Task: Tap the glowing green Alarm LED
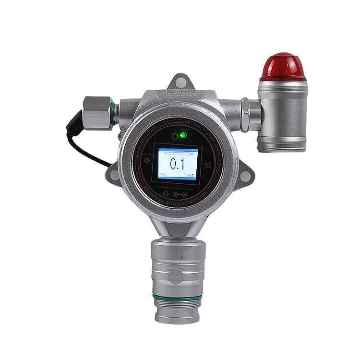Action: [183, 135]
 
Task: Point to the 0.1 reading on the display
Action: [178, 164]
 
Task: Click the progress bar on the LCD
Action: [176, 154]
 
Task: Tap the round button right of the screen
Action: [208, 164]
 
